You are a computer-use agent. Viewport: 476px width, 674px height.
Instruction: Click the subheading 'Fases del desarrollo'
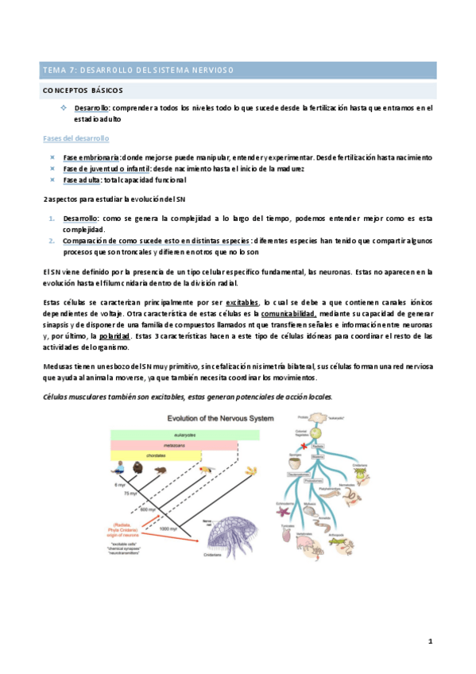click(x=76, y=138)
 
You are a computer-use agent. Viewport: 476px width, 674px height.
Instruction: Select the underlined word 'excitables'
click(x=242, y=303)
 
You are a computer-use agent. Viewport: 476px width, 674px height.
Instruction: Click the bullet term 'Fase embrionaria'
click(x=91, y=157)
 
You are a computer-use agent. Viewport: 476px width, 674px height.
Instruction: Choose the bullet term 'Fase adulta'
click(x=83, y=180)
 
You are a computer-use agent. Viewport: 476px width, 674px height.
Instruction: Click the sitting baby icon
click(x=119, y=468)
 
